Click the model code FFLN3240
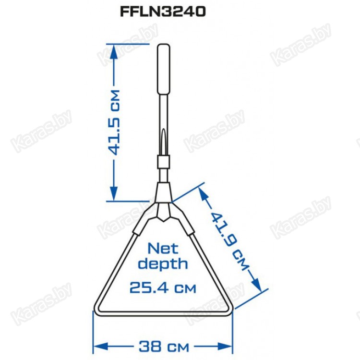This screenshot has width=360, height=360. coord(163,12)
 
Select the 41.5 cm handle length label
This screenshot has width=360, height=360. coord(114,122)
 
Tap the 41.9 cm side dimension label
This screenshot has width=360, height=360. coord(229,241)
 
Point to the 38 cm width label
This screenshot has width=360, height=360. coord(164,346)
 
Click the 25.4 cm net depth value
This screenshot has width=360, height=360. coord(163,288)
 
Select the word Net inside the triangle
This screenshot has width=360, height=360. coord(163,249)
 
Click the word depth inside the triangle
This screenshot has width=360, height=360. coord(163,264)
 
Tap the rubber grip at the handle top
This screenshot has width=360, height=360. coord(164,69)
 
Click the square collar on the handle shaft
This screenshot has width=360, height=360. coord(164,162)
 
